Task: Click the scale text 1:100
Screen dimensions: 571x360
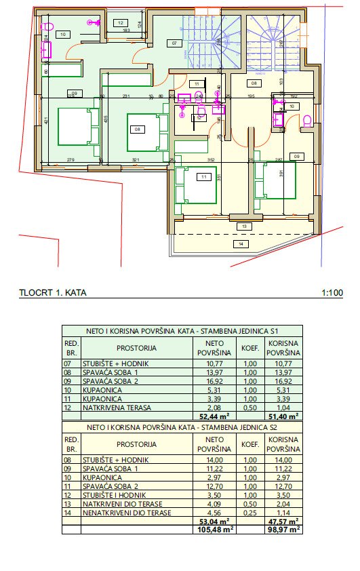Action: pos(332,294)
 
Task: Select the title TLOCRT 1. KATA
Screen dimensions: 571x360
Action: pos(54,294)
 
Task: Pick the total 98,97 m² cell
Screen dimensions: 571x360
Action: pos(284,530)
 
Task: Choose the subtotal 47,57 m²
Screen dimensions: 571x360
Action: pos(284,522)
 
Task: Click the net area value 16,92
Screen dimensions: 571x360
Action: pos(211,382)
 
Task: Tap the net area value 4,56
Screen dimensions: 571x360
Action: pos(211,513)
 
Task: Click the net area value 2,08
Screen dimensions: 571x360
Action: pos(211,408)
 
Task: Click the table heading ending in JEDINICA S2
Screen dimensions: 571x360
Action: pos(183,428)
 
